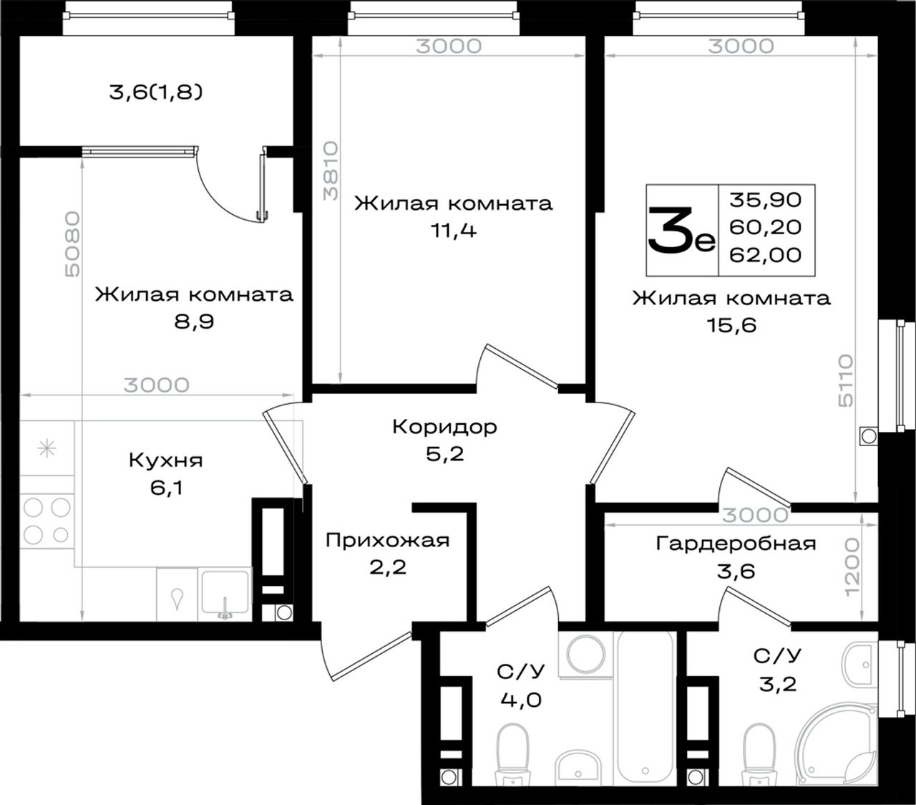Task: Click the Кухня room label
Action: point(166,461)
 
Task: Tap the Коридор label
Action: point(445,426)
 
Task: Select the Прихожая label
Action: point(387,540)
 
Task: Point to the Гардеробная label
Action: point(736,544)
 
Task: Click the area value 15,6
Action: point(731,325)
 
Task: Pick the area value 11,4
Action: point(454,231)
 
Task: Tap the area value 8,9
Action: point(194,322)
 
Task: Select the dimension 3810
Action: point(331,171)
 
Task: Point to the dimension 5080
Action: point(73,244)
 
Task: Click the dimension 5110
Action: point(846,380)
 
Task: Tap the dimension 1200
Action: point(852,567)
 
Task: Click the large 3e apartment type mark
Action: point(682,230)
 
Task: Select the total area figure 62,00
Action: point(765,255)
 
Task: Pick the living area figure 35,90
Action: point(765,200)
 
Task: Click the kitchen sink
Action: point(225,594)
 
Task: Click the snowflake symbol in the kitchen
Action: point(47,448)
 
